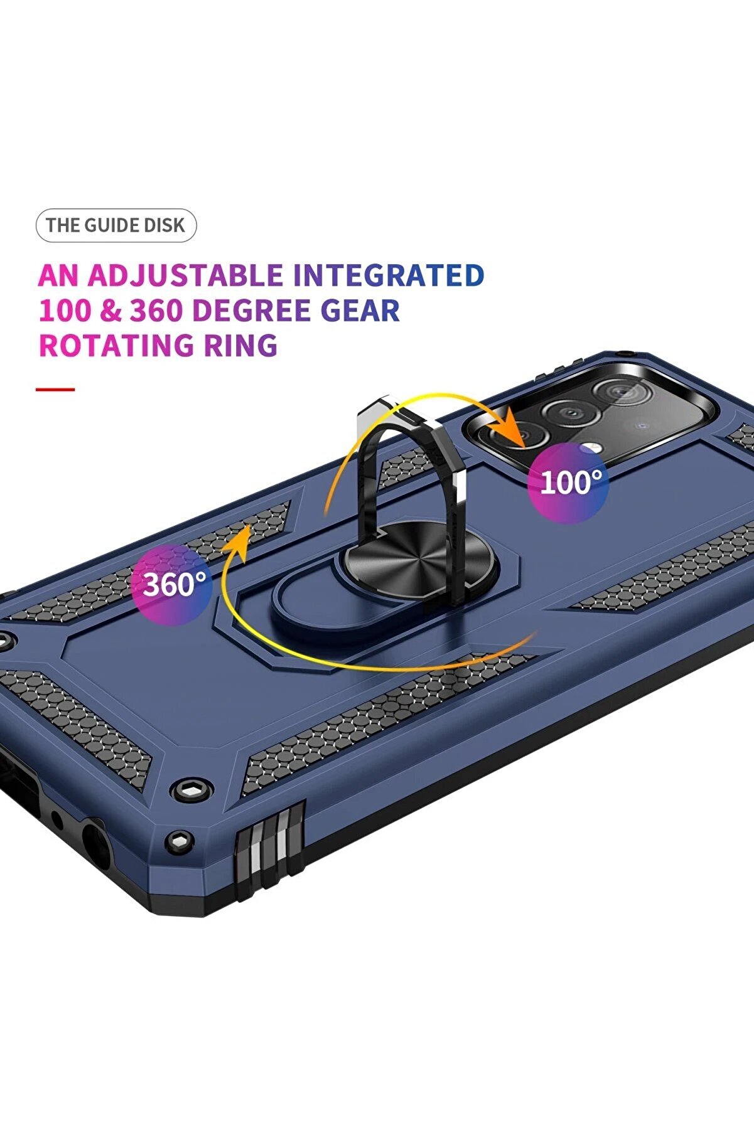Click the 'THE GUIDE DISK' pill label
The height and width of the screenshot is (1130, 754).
click(x=116, y=225)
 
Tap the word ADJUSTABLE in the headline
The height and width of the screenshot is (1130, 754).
click(x=185, y=275)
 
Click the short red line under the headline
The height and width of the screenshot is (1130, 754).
click(x=55, y=390)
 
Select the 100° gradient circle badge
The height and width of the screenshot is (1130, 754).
click(x=568, y=482)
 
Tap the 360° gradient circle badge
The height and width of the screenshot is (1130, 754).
click(x=171, y=584)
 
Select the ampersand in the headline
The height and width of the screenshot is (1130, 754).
click(x=110, y=311)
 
